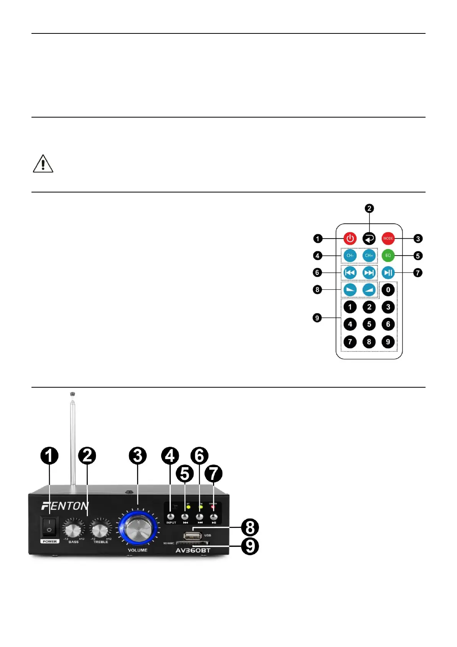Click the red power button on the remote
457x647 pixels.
pyautogui.click(x=350, y=239)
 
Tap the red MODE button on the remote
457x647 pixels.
pyautogui.click(x=388, y=239)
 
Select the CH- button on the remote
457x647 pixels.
pyautogui.click(x=350, y=255)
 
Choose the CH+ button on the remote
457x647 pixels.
pyautogui.click(x=369, y=255)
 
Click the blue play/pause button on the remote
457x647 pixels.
pyautogui.click(x=388, y=273)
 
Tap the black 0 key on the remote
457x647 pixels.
pyautogui.click(x=388, y=290)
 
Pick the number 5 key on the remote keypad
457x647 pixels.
pyautogui.click(x=369, y=324)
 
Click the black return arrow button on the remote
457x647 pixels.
pyautogui.click(x=369, y=239)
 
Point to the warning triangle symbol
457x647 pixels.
pyautogui.click(x=43, y=164)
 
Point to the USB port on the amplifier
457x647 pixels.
pyautogui.click(x=193, y=535)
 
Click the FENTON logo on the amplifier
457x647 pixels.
pyautogui.click(x=65, y=506)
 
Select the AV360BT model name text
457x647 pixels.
pyautogui.click(x=193, y=551)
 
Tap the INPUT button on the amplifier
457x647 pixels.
pyautogui.click(x=171, y=517)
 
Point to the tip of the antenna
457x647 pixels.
pyautogui.click(x=73, y=394)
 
